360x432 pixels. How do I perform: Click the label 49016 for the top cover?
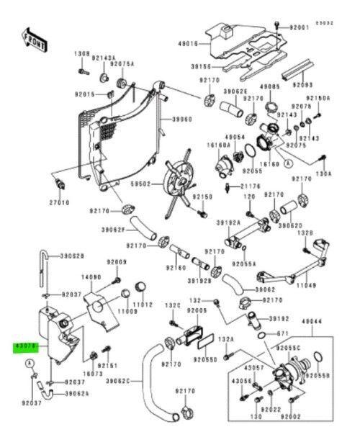click(187, 44)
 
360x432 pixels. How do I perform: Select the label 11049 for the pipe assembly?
click(307, 285)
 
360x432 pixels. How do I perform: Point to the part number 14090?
click(90, 276)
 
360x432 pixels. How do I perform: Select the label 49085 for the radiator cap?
click(270, 86)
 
